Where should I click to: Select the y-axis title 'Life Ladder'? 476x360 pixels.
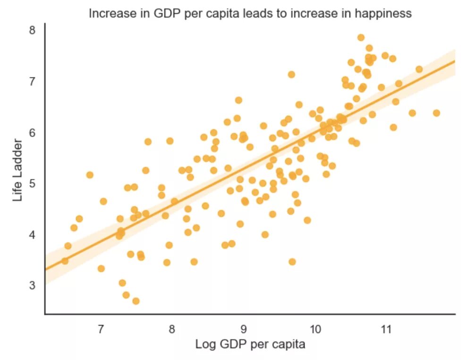18,170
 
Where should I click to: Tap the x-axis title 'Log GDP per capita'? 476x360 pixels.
250,344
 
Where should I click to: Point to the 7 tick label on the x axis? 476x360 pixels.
101,328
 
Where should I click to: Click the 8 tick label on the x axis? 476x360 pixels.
172,328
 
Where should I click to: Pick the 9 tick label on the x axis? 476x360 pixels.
244,328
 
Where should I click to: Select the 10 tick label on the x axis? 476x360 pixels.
315,328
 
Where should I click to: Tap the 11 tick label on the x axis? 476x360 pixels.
386,328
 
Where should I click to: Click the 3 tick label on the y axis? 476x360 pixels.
33,285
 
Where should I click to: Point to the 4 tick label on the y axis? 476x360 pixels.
33,234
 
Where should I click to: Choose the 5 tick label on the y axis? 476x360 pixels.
33,183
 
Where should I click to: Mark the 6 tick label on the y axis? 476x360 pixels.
33,132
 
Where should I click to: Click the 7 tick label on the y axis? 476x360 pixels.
33,81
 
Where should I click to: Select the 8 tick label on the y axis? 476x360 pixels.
33,30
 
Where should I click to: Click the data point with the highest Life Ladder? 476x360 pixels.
361,37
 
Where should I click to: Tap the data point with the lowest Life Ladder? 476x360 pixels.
136,301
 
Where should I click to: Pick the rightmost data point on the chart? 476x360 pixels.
436,113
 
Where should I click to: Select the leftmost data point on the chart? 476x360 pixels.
65,261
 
